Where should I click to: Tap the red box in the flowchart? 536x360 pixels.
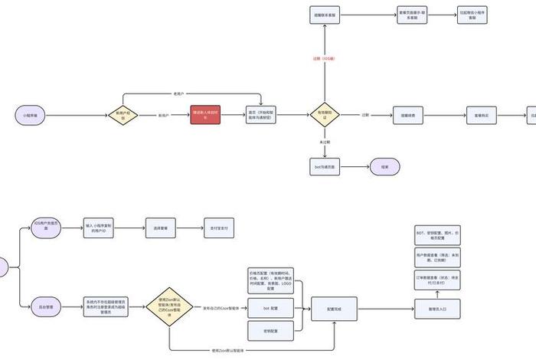[204, 115]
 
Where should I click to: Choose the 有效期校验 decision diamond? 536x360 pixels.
[325, 115]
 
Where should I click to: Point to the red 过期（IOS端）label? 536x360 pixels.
[325, 58]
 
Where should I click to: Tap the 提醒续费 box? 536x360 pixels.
[408, 115]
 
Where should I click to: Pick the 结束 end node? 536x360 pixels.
[384, 166]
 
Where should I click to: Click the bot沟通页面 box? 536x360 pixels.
[325, 166]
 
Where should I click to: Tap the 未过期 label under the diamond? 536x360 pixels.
[325, 142]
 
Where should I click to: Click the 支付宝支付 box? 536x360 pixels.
[218, 227]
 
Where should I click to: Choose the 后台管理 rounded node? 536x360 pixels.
[47, 307]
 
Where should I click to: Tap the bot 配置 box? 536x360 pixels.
[266, 307]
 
